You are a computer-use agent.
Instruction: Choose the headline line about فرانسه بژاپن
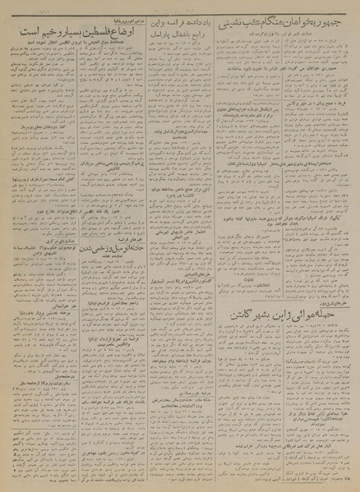point(179,24)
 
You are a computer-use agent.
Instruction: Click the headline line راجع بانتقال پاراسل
point(179,35)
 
